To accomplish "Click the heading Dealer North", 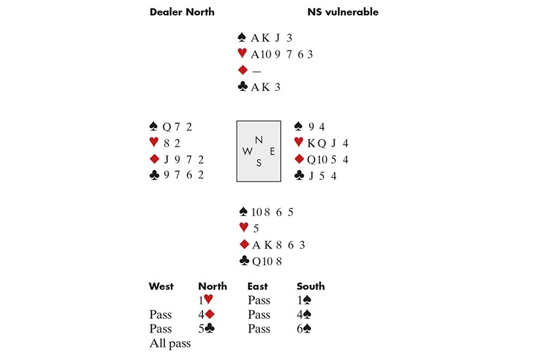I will coord(181,12).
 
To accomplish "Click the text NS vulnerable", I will coord(343,12).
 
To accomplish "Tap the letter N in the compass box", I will coord(258,139).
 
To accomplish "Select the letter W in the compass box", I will coord(247,151).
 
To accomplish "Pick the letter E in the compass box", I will coord(272,151).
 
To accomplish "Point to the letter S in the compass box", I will coord(259,163).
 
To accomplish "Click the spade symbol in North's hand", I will coord(242,38).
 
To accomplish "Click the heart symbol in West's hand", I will coord(154,143).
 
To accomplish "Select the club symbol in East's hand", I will coord(299,175).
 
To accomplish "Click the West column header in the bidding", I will coord(161,286).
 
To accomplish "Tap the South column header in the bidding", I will coord(310,286).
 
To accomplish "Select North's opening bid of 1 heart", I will coord(206,300).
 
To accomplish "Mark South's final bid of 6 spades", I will coord(305,329).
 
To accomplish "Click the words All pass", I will coord(170,344).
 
